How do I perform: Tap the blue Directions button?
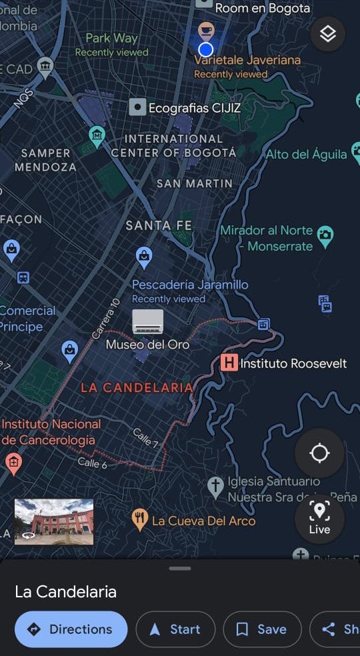[71, 629]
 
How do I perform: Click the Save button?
[261, 629]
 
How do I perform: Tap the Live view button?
[319, 519]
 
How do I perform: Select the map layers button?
[327, 34]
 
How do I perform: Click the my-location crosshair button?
[319, 453]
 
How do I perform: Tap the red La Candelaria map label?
[137, 387]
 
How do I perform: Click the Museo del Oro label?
[147, 345]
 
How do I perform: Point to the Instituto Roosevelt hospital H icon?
[229, 363]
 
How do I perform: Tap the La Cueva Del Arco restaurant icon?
[139, 519]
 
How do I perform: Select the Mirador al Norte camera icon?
[325, 235]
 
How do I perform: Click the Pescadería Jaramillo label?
[190, 285]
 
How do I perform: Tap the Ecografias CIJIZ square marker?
[137, 107]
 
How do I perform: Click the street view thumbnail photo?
[54, 522]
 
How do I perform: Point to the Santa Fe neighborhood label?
[159, 226]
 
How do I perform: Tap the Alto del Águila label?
[306, 154]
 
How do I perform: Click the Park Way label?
[111, 38]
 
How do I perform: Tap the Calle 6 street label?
[92, 463]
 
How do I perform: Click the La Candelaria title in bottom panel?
[65, 591]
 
